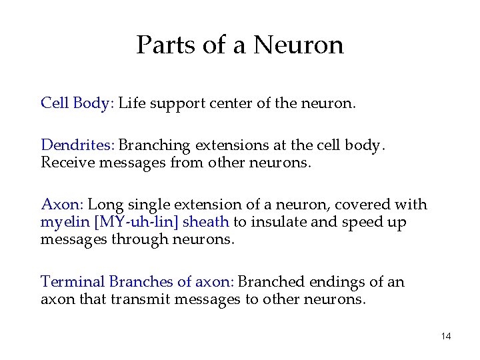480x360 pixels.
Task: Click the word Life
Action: [x=131, y=103]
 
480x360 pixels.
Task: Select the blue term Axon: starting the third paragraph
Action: [x=62, y=205]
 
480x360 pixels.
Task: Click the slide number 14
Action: [x=446, y=336]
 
